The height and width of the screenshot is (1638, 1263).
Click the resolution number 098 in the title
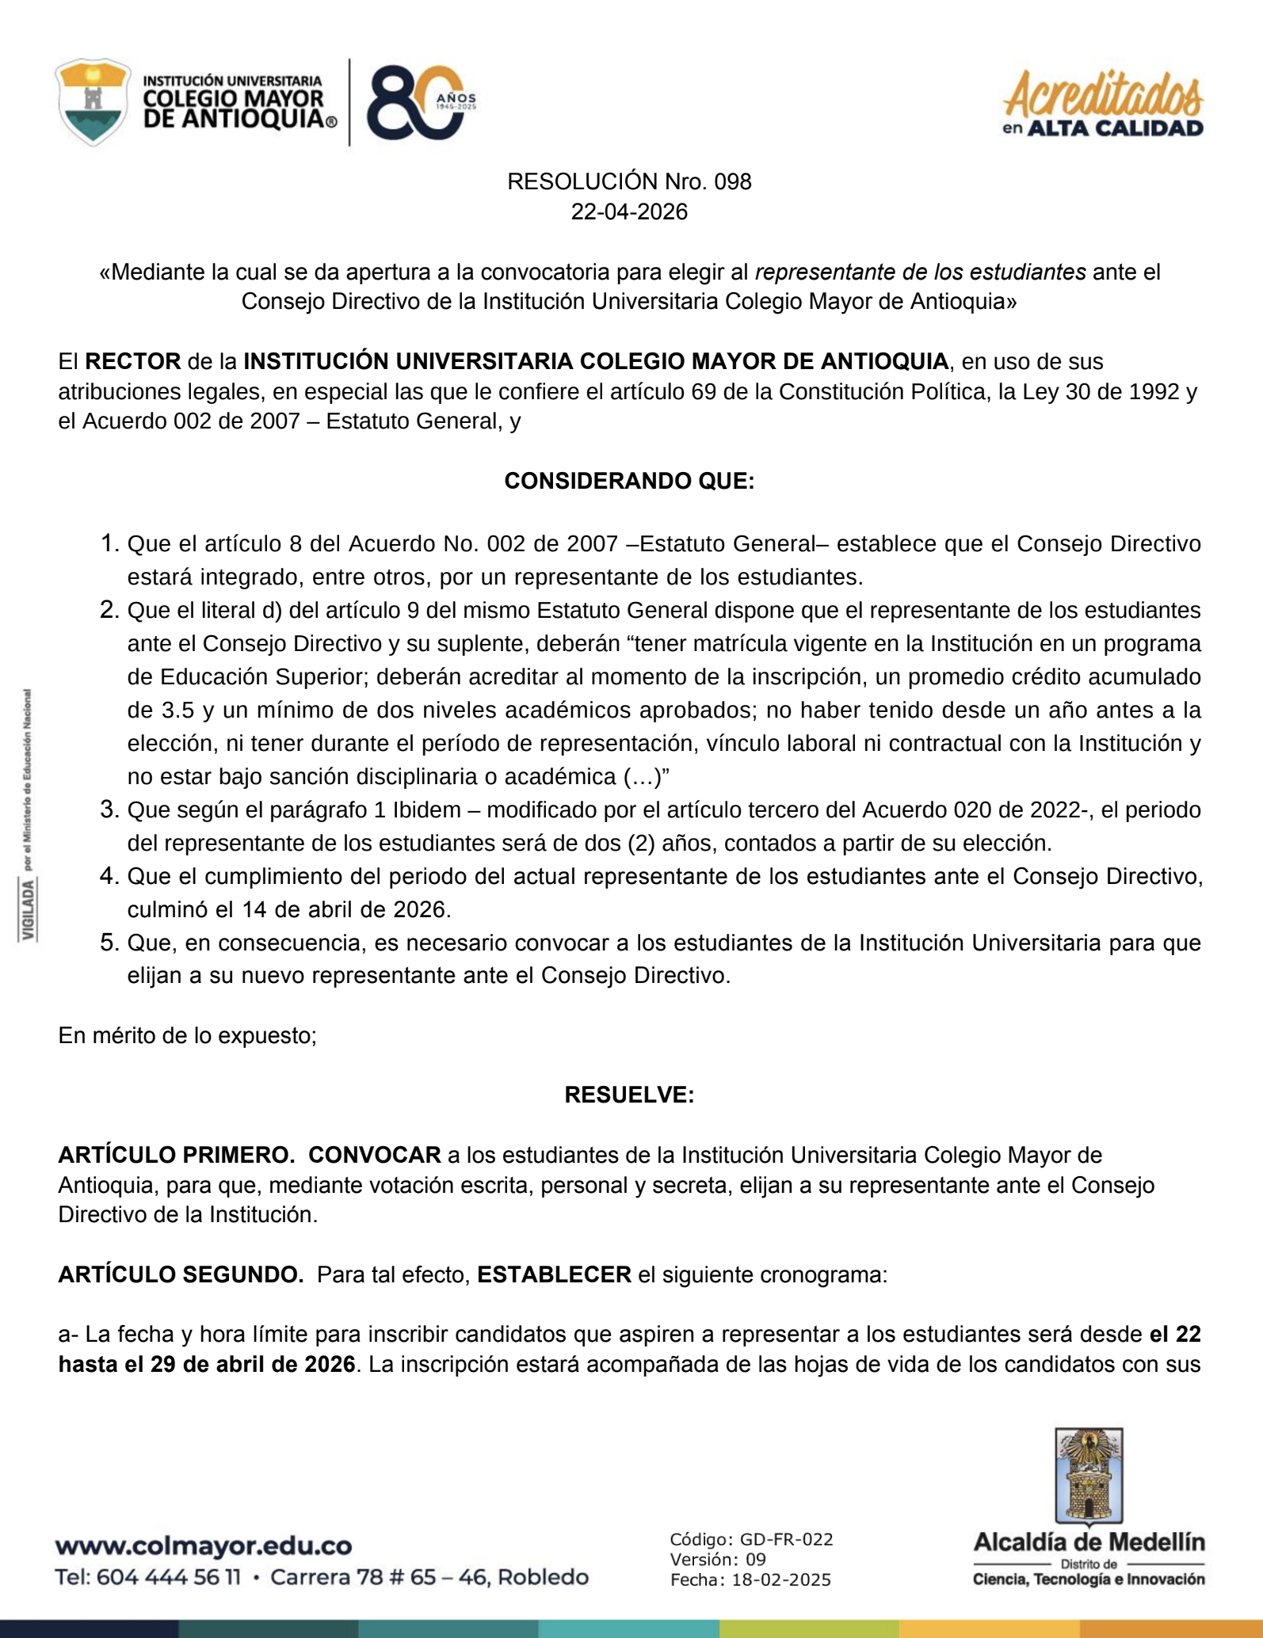(732, 182)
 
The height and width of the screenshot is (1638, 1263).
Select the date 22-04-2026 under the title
(629, 212)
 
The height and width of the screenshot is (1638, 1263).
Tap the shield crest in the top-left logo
(93, 101)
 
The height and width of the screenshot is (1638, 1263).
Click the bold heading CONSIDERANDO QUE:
(629, 481)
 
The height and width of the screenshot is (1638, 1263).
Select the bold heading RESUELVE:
(629, 1095)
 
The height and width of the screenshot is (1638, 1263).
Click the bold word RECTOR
(132, 362)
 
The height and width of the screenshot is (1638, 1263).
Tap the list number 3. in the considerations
(109, 809)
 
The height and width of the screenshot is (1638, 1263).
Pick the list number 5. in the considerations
(109, 943)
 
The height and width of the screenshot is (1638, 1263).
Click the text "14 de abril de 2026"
(345, 909)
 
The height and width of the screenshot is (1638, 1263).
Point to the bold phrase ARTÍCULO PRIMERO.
(176, 1155)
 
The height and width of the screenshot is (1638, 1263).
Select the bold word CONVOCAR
(374, 1155)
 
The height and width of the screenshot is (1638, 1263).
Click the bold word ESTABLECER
(554, 1274)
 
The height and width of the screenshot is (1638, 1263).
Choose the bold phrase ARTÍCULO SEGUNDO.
(181, 1274)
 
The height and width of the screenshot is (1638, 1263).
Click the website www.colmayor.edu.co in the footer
(204, 1545)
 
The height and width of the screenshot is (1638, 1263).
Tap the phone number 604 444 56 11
(168, 1577)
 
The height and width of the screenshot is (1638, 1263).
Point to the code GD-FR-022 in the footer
(786, 1540)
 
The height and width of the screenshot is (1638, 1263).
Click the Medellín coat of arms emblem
(1089, 1476)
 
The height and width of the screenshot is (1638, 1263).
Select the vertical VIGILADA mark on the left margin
(29, 911)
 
